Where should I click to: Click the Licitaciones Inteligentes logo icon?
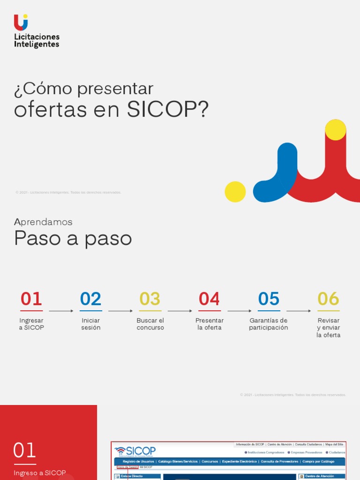(21, 22)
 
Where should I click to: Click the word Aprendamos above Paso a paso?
(43, 222)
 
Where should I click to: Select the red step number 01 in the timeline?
(31, 299)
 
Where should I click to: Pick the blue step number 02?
(90, 299)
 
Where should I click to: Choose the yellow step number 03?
(150, 299)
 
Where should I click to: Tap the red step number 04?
(209, 299)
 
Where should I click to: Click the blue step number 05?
(269, 299)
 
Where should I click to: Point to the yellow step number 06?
(328, 299)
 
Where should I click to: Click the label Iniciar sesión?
(90, 324)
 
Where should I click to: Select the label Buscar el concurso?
(150, 324)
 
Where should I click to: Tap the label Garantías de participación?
(269, 324)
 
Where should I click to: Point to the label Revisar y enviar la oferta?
(328, 328)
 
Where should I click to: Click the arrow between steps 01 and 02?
(61, 311)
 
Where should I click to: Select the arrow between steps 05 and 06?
(299, 311)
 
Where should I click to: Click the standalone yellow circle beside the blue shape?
(235, 192)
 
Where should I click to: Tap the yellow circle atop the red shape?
(336, 130)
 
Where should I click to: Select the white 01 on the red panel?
(24, 450)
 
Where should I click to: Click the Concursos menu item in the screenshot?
(210, 461)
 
